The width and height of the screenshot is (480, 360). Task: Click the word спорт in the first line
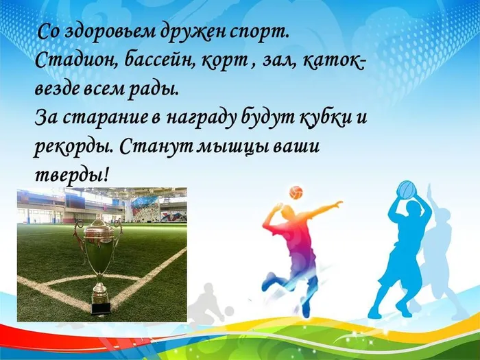(262, 32)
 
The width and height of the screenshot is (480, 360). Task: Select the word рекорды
(71, 145)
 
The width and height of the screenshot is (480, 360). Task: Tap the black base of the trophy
(101, 308)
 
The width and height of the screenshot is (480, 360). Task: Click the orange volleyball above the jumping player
(296, 191)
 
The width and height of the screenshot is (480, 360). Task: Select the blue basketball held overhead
(407, 189)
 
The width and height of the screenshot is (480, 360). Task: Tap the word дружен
(195, 32)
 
